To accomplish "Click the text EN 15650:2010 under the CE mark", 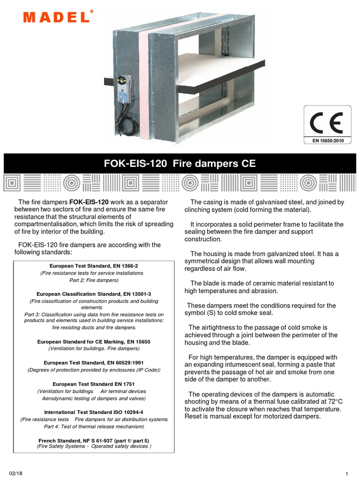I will (328, 140).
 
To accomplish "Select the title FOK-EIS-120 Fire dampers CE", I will (180, 164).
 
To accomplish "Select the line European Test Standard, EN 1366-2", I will (94, 266).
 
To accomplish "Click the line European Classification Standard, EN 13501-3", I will (94, 294).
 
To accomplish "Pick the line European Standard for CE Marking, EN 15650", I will (94, 342).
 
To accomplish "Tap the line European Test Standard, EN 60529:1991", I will (94, 363).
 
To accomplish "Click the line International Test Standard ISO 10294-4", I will (94, 412).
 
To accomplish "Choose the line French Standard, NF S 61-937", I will (94, 441).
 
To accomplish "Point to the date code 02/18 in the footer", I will (16, 472).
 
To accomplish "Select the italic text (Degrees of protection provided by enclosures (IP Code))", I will (94, 370).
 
